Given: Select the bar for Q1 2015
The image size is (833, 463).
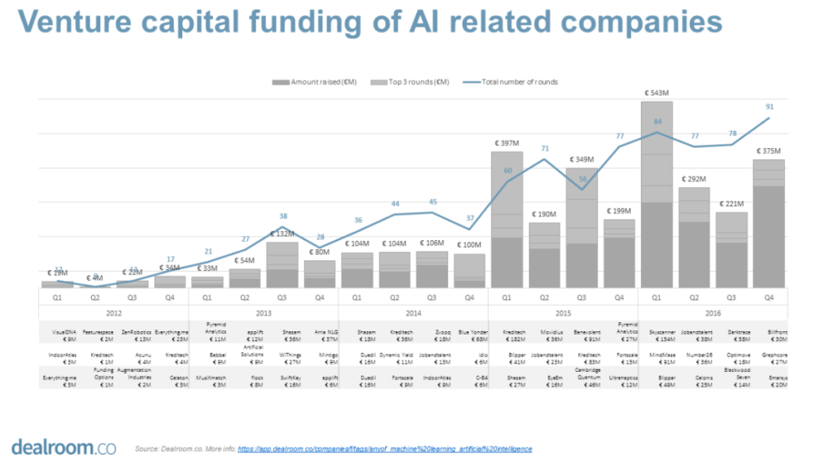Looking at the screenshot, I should pos(506,220).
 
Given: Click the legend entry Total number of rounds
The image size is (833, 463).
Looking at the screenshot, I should pos(510,81).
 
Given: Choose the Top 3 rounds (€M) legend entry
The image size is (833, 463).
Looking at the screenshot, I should pos(402,81).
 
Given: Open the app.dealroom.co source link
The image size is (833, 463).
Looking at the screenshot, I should pos(385,448).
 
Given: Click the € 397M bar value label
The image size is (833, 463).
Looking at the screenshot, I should pos(506,143).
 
